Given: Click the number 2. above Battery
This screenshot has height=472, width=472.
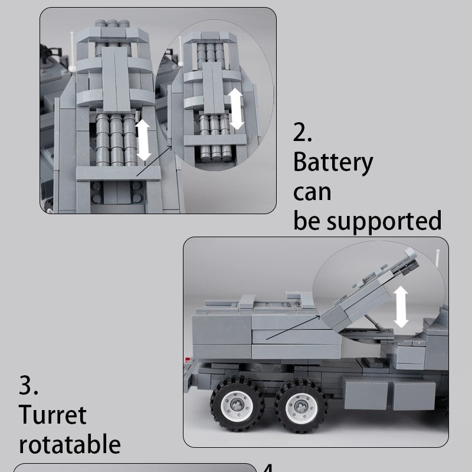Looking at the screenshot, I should click(303, 133).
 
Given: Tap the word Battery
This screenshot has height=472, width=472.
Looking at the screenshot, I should click(333, 163).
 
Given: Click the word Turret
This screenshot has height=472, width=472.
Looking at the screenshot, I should click(53, 415).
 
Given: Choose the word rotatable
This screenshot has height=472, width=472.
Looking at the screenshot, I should click(70, 444).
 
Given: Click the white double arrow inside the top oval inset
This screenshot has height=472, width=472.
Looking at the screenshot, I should click(237, 109).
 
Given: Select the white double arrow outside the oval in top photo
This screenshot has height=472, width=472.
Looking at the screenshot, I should click(143, 140).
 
